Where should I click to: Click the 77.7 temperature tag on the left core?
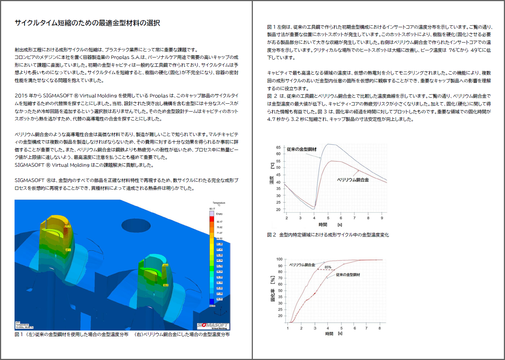[x=68, y=226]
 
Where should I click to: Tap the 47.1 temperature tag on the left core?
[x=68, y=250]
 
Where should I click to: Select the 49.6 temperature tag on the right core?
[x=165, y=265]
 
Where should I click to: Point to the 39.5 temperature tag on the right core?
[x=166, y=285]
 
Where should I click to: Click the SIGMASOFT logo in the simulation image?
[x=213, y=326]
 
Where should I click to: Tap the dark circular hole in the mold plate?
[x=136, y=225]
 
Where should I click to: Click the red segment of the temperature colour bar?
[x=212, y=219]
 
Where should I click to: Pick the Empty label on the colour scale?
[x=219, y=214]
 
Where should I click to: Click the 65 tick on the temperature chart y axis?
[x=278, y=147]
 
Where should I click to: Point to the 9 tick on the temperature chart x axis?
[x=382, y=218]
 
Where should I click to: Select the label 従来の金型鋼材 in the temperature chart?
[x=301, y=149]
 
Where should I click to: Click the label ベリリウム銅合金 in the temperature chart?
[x=353, y=180]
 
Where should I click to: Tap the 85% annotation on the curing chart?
[x=328, y=267]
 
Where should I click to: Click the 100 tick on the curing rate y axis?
[x=279, y=259]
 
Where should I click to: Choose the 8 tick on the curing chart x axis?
[x=380, y=328]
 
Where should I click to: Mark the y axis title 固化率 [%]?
[x=273, y=289]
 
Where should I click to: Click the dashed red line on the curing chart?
[x=326, y=270]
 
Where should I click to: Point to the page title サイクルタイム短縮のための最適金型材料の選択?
[x=87, y=23]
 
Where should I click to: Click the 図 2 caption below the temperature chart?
[x=328, y=235]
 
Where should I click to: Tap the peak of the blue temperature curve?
[x=328, y=144]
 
